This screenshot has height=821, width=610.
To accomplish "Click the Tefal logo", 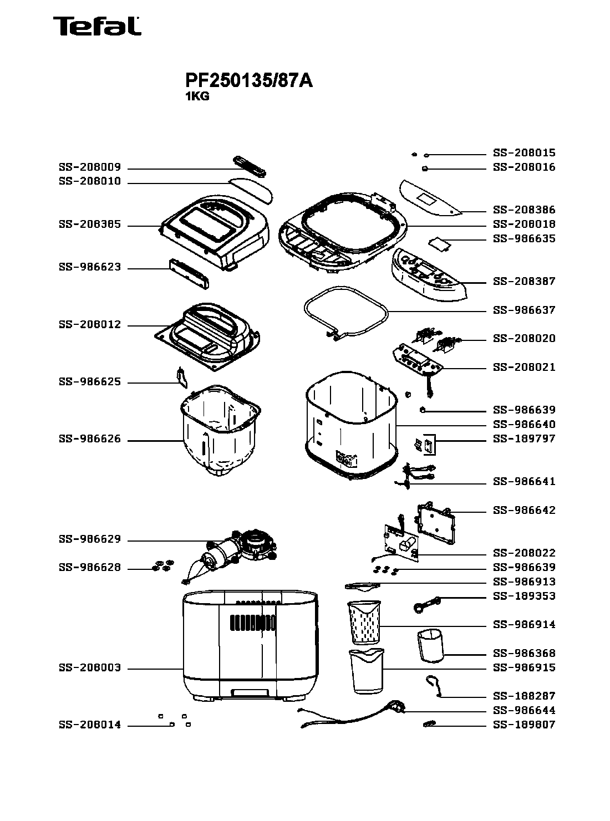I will point(96,26).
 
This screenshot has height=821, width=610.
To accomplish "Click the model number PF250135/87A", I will point(249,81).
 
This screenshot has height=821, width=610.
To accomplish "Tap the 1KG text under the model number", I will point(197,96).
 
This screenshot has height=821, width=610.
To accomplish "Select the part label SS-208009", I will point(90,167).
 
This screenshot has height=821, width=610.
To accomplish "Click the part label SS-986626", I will point(90,440).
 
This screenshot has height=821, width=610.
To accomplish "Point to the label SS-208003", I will point(90,668).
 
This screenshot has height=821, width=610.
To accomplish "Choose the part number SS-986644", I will point(524,710).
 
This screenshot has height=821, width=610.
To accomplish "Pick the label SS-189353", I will point(524,596).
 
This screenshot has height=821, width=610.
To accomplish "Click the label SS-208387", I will point(524,281).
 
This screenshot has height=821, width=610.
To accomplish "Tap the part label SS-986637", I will point(524,310).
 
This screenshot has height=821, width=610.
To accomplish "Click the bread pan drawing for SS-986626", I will point(219,432).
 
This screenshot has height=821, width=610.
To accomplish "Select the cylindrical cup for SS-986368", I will point(431,646).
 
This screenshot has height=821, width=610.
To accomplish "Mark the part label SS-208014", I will point(90,725).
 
